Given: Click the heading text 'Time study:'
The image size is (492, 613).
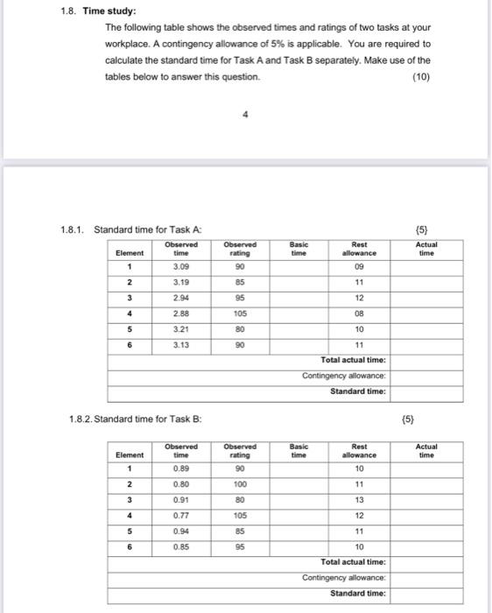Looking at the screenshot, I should tap(110, 11).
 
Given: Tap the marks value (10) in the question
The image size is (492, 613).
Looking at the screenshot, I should tap(420, 76).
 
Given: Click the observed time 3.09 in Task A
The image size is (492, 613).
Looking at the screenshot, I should tap(180, 265).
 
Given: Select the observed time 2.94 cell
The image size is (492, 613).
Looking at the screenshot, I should tap(180, 299).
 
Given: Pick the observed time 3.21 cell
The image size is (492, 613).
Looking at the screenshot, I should tap(180, 330).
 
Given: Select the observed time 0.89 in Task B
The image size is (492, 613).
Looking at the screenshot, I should tap(180, 468).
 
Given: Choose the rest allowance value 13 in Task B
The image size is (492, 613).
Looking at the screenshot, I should tap(359, 500).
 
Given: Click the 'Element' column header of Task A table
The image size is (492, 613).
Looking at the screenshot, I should tap(130, 252).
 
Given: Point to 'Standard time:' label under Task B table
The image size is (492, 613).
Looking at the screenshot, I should tap(357, 594).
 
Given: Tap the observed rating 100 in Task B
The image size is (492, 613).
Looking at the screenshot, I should tap(240, 483).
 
